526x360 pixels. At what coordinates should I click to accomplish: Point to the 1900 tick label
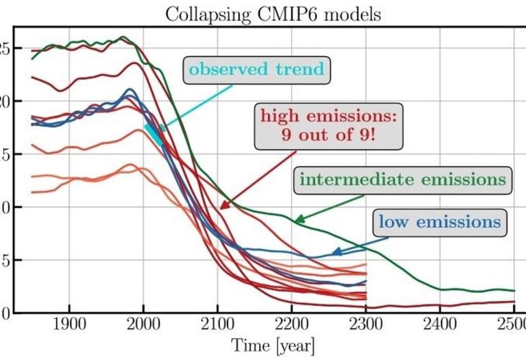coord(70,325)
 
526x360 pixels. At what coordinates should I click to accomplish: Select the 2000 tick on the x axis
coord(144,325)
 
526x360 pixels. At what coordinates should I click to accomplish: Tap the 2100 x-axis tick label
coord(218,325)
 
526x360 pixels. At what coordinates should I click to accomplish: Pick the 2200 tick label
coord(292,325)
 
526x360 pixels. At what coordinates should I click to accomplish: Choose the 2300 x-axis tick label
coord(366,325)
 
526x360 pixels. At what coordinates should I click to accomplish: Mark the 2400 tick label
coord(440,325)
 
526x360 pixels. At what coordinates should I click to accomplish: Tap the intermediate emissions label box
coord(401,180)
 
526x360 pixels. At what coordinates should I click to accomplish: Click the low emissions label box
coord(438,222)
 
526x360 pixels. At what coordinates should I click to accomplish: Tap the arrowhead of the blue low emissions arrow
coord(334,253)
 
